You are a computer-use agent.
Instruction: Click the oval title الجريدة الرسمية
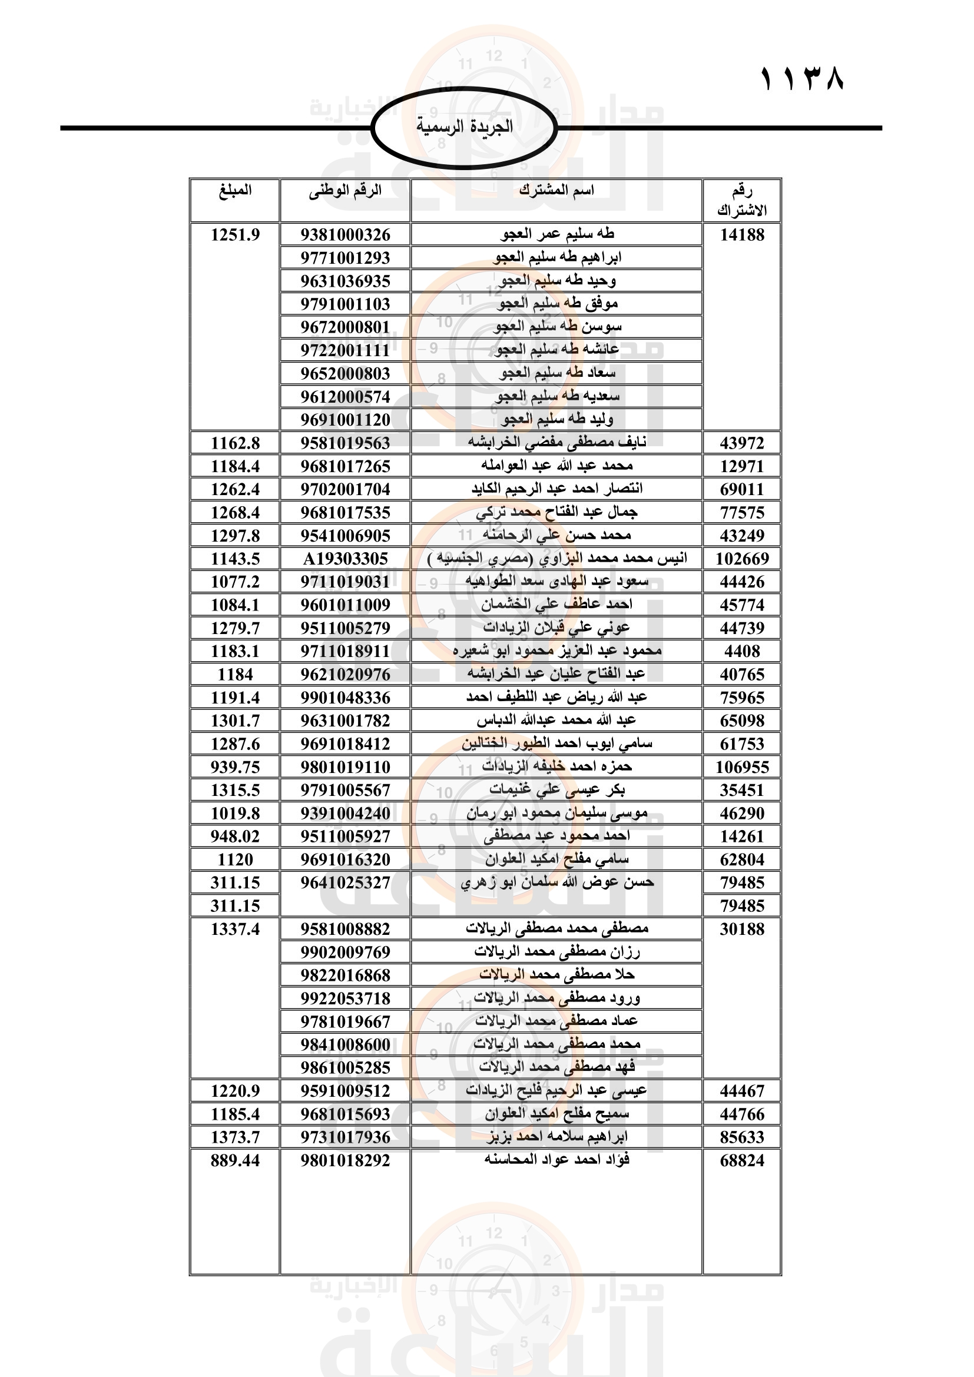point(464,127)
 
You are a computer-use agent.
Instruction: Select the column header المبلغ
point(235,191)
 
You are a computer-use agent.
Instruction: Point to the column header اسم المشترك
point(556,191)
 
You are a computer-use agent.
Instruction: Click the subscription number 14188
point(742,234)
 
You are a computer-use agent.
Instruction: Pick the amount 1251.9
point(235,234)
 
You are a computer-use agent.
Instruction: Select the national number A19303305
point(345,558)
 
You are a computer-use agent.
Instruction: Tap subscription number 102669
point(742,558)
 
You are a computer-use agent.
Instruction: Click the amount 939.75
point(235,767)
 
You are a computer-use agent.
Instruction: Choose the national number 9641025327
point(345,882)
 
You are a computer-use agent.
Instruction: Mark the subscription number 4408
point(742,651)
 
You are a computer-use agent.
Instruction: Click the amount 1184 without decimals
point(235,674)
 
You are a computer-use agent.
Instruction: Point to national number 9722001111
point(345,350)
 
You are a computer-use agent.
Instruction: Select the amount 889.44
point(235,1160)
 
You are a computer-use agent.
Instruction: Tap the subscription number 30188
point(742,928)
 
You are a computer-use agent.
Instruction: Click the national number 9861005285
point(345,1067)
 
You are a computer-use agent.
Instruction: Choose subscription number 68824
point(742,1160)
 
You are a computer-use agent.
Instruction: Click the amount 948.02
point(235,836)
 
